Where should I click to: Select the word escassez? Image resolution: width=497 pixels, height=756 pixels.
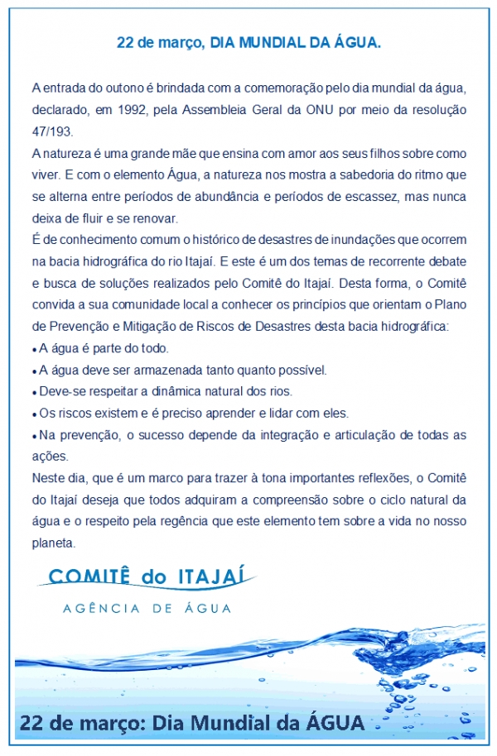[344, 197]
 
